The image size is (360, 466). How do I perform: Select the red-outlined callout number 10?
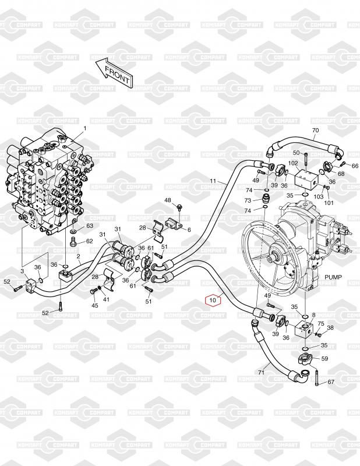213,301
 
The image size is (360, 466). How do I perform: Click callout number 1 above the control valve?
84,128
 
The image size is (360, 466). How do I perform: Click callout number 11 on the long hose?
213,181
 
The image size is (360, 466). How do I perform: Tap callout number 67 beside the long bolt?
331,382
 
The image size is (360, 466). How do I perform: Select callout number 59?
325,359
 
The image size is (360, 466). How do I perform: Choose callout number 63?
90,225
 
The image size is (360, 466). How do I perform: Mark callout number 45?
95,305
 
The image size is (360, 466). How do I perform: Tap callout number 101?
329,203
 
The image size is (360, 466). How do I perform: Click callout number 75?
321,323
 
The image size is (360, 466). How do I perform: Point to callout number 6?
189,230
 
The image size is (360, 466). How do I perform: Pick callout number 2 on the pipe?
78,256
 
